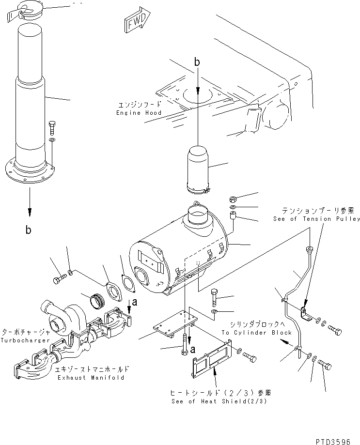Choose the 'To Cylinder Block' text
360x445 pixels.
click(x=257, y=333)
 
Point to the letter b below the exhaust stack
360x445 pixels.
click(x=29, y=230)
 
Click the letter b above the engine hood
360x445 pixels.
click(x=197, y=62)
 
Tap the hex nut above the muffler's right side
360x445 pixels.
click(x=232, y=199)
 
